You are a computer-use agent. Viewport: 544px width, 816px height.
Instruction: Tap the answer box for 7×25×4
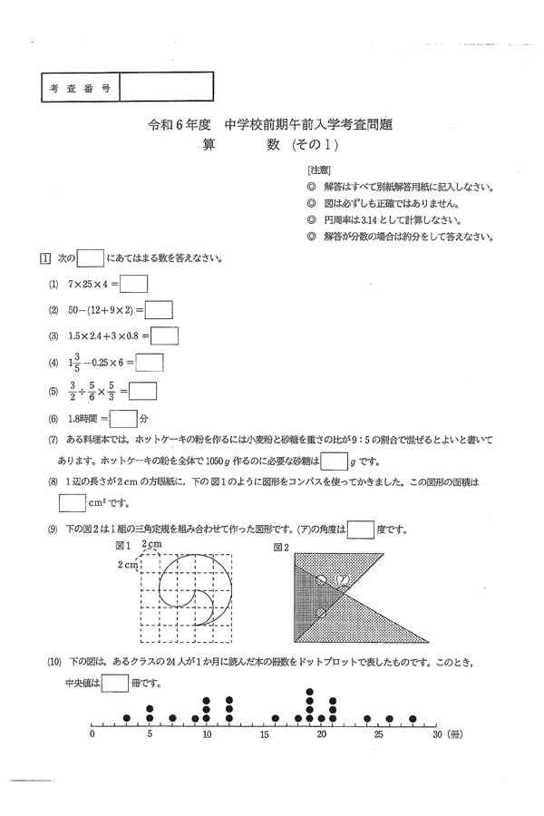click(133, 284)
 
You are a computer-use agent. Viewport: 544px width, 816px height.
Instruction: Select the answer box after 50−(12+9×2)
click(159, 310)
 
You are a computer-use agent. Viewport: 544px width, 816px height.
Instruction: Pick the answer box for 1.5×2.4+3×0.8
click(165, 336)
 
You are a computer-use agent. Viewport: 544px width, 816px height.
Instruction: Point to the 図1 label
click(123, 547)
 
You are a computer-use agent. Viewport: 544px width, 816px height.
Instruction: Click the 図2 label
click(281, 548)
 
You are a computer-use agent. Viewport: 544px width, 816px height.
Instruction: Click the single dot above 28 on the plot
click(413, 718)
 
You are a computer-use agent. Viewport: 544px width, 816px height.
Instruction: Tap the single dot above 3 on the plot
click(127, 718)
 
